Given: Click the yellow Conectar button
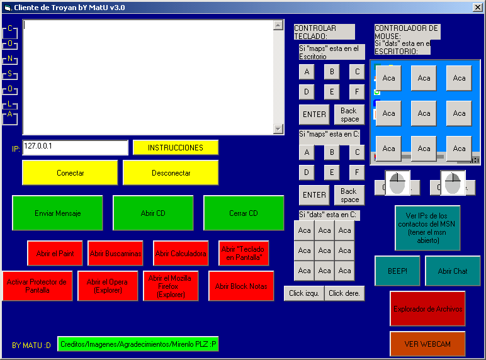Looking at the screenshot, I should pos(70,172).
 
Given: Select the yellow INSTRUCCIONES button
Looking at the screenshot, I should pos(176,147).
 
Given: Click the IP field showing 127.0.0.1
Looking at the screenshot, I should pos(76,147).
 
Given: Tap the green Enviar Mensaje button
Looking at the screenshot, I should pos(57,213).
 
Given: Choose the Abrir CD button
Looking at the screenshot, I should pos(153,213).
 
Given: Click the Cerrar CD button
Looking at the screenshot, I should pos(244,213).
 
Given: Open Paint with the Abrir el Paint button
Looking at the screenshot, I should pos(55,254).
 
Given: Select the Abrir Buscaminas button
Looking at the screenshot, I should pos(115,254).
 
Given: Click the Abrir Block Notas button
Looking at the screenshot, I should pos(241,286).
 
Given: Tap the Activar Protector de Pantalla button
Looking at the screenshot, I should pos(37,286).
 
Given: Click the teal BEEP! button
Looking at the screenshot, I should pos(397,271).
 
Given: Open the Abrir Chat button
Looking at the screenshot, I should pos(453,271).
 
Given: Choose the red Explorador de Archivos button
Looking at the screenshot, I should pos(427,309).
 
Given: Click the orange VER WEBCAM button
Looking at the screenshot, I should pos(427,344).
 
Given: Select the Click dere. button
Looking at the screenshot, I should pos(344,293).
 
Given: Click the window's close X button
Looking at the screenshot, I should pos(478,7).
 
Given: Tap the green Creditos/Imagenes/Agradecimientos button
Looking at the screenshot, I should pos(138,344).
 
